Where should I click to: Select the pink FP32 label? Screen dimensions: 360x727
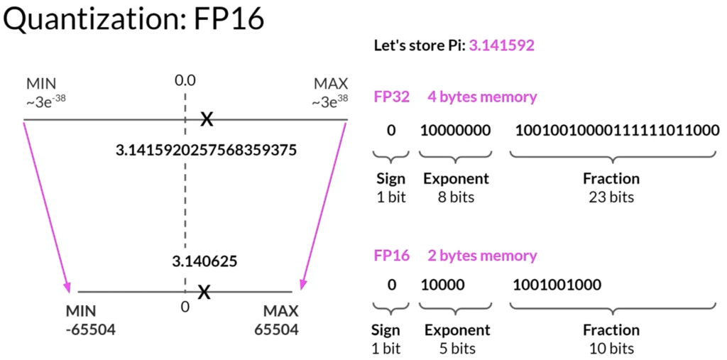(x=391, y=97)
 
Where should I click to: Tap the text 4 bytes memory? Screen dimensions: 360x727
(x=482, y=97)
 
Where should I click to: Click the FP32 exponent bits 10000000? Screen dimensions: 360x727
(x=451, y=131)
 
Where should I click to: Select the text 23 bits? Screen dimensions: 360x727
(x=611, y=196)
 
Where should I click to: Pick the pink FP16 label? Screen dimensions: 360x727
(x=391, y=255)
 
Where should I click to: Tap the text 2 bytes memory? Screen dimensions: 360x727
(x=482, y=255)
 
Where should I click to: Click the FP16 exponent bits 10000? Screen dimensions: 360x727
(x=442, y=285)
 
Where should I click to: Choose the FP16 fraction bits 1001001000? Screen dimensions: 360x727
(x=557, y=285)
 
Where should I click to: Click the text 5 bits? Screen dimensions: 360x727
(x=457, y=348)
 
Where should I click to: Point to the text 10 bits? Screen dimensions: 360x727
(x=611, y=348)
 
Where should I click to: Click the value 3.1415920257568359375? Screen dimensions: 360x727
(x=206, y=151)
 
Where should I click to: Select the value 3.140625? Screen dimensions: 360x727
(x=204, y=261)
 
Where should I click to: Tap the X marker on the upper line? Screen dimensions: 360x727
(x=206, y=119)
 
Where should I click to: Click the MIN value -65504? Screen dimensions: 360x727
(x=89, y=329)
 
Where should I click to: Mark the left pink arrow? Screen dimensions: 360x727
(x=47, y=206)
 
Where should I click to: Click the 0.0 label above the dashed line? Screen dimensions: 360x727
(x=185, y=80)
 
